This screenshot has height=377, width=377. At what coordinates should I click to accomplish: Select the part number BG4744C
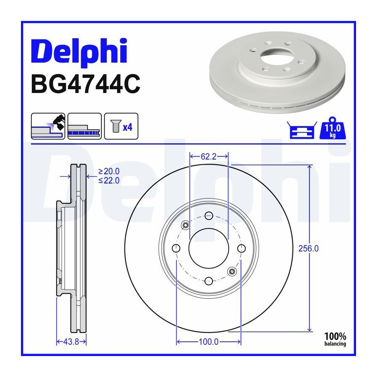pyautogui.click(x=85, y=84)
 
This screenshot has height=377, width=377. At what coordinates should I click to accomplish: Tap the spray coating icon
pyautogui.click(x=48, y=126)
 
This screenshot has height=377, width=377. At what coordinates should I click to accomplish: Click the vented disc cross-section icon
pyautogui.click(x=85, y=126)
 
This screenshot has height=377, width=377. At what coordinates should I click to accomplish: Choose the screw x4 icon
pyautogui.click(x=121, y=126)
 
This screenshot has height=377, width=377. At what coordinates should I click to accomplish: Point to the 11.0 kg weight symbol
pyautogui.click(x=333, y=129)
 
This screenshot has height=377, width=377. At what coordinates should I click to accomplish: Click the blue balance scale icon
pyautogui.click(x=302, y=130)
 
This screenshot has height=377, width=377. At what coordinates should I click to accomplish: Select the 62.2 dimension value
pyautogui.click(x=209, y=157)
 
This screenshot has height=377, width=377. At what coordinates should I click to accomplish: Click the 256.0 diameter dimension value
pyautogui.click(x=308, y=248)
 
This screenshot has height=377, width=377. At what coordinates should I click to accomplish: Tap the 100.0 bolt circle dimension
pyautogui.click(x=209, y=342)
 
